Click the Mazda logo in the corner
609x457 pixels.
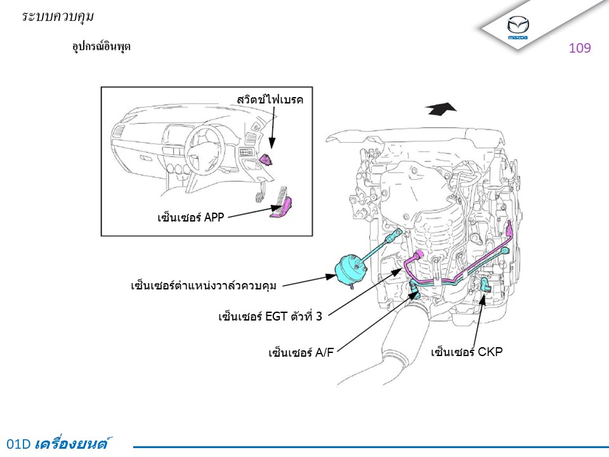coord(518,27)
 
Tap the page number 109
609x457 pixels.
coord(579,48)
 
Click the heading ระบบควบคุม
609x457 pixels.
coord(58,17)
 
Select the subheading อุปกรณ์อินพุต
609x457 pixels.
coord(101,46)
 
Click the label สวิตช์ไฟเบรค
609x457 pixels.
coord(270,99)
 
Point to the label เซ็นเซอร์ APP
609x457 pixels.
coord(191,216)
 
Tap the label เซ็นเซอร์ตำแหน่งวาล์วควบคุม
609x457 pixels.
coord(204,285)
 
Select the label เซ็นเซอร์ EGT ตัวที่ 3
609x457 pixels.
coord(270,316)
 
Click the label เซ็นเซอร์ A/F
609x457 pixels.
coord(301,352)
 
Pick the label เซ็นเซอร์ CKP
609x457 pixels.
coord(467,351)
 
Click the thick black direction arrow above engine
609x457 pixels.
coord(442,109)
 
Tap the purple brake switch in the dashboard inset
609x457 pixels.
coord(266,159)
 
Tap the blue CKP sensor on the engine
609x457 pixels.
coord(485,285)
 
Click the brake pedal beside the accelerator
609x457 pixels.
coord(260,194)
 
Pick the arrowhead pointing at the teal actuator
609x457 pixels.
coord(331,277)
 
